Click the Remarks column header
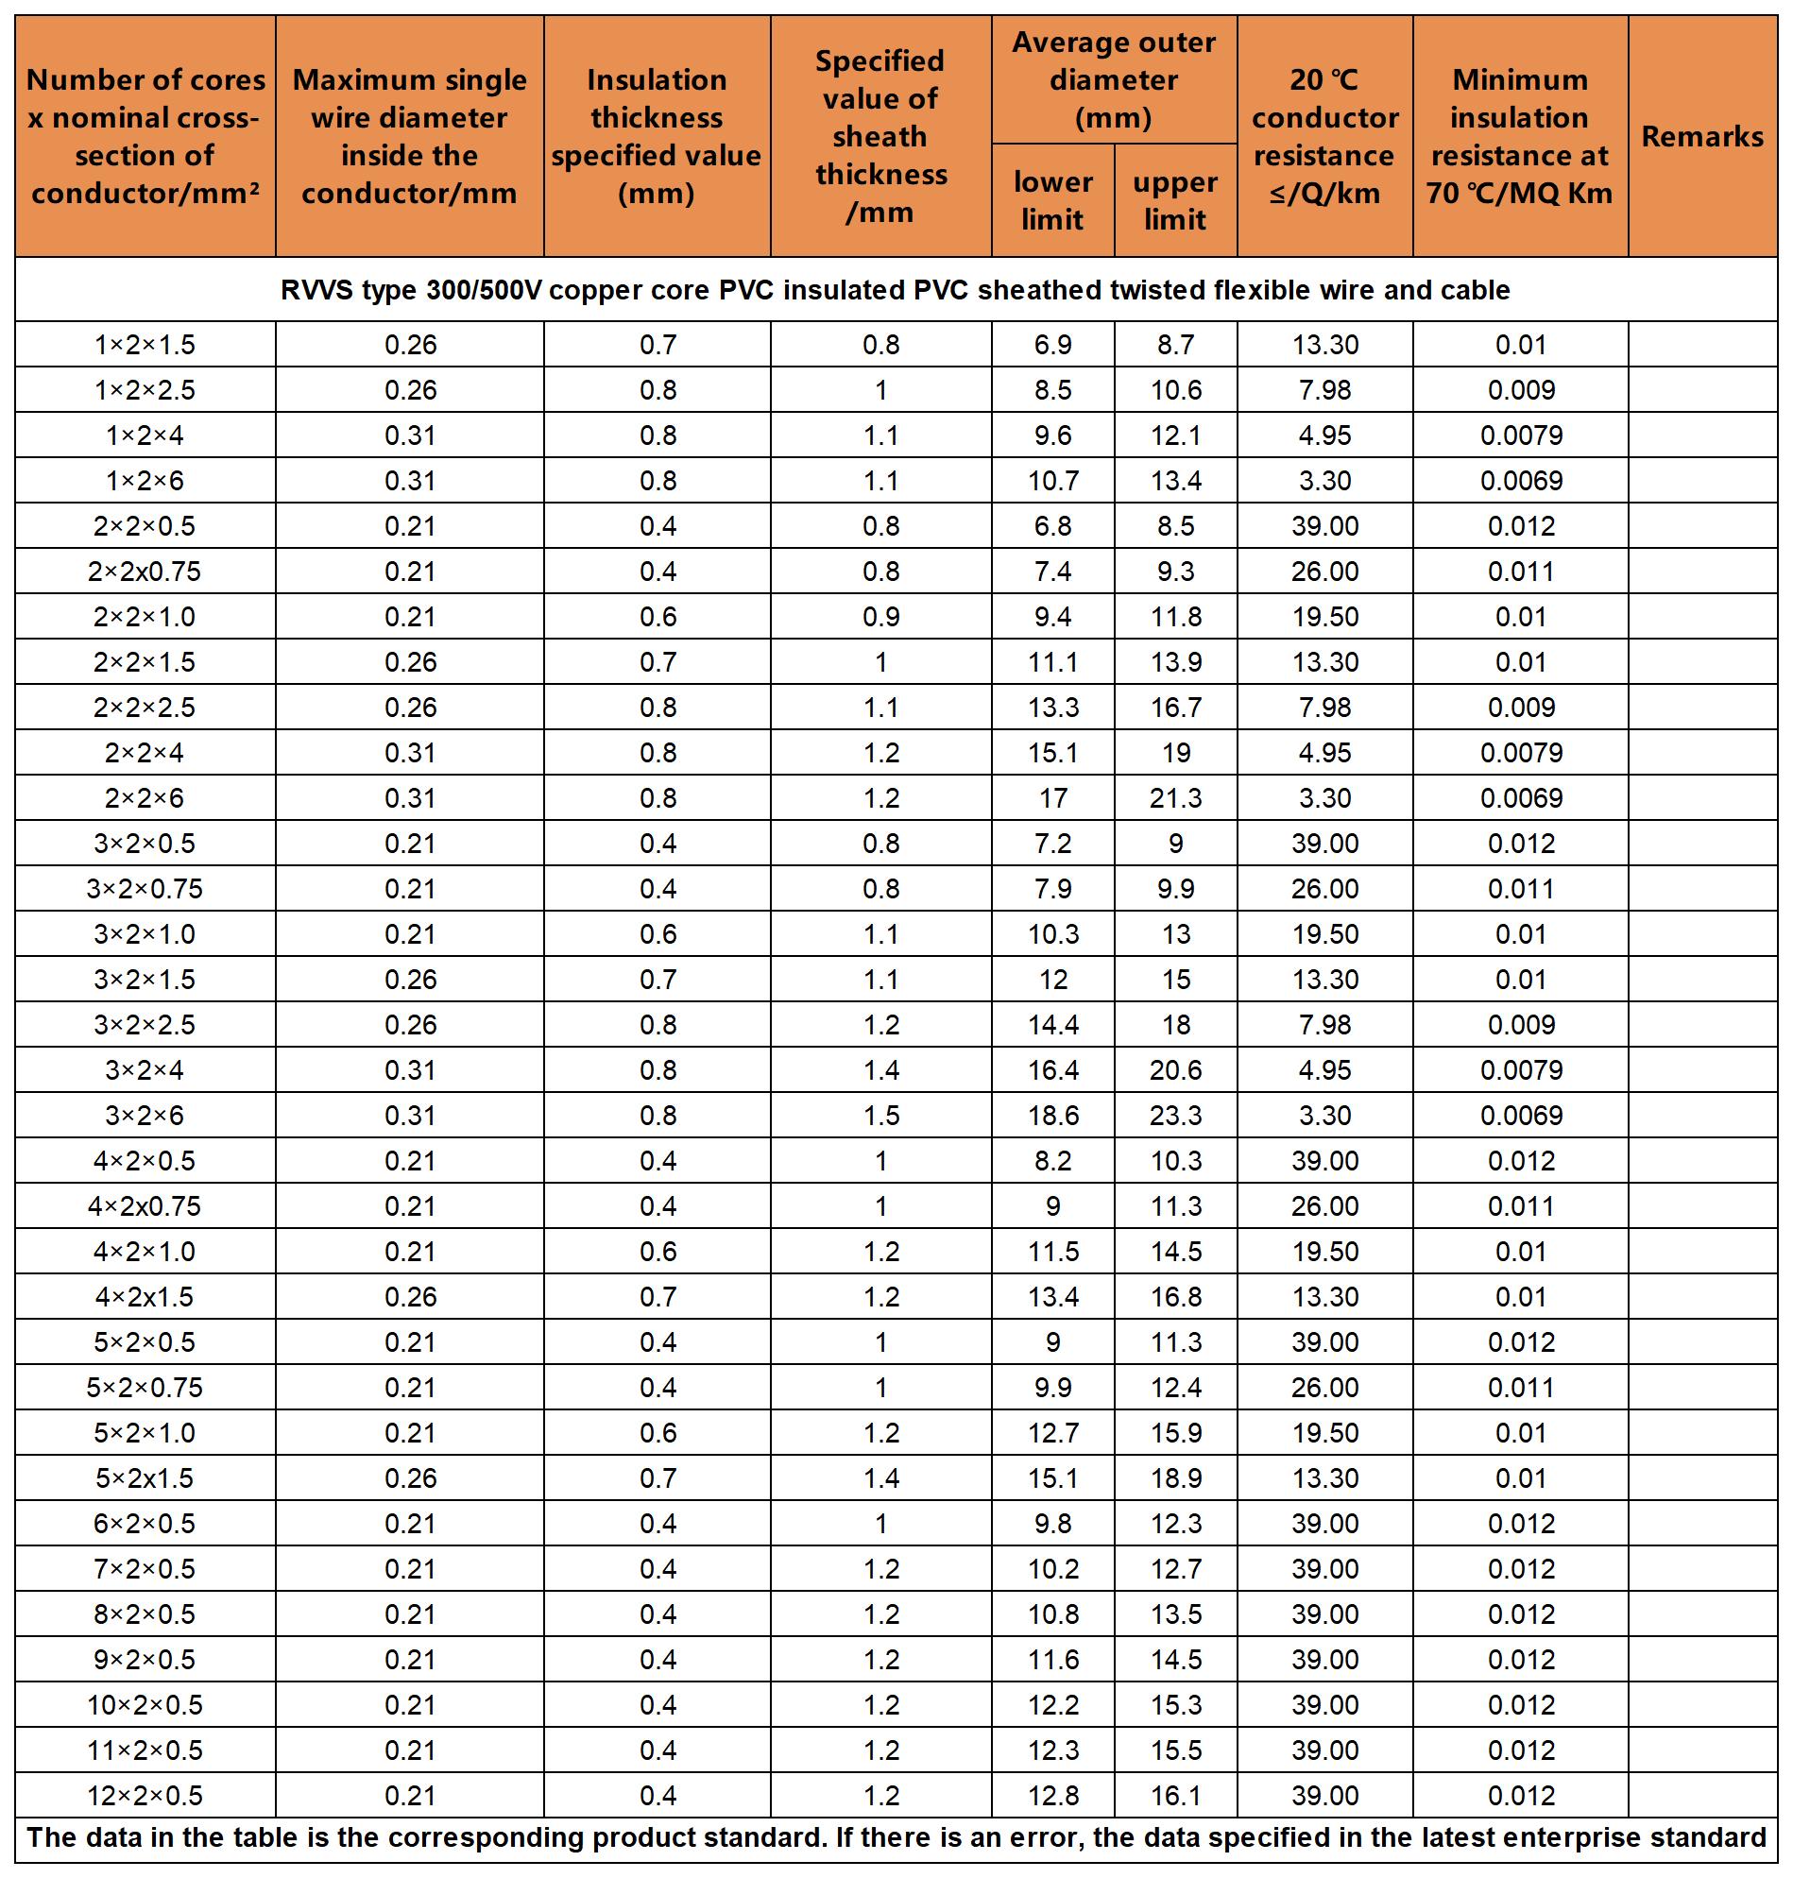point(1701,137)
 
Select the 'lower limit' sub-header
point(1052,200)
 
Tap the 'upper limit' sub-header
point(1174,200)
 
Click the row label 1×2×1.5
point(145,344)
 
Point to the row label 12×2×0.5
point(145,1795)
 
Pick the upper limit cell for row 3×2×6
point(1175,1116)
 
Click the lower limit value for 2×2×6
point(1052,798)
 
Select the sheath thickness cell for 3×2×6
point(880,1116)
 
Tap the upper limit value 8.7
point(1175,344)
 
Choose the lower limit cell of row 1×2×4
point(1052,435)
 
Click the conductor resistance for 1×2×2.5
point(1324,390)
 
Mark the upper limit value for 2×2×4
point(1175,753)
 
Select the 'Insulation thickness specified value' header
point(657,137)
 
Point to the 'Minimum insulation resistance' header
point(1520,137)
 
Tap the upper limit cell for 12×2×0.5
point(1175,1795)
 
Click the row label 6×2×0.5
point(145,1524)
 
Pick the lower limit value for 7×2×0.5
point(1052,1568)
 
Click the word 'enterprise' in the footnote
point(1556,1838)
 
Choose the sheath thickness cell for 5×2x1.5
point(880,1477)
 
